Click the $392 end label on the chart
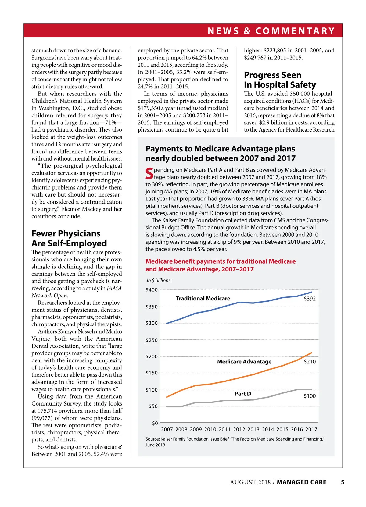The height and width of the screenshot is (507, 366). pyautogui.click(x=310, y=299)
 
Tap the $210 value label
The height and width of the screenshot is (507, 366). pyautogui.click(x=310, y=362)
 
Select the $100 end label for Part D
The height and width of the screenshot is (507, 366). pyautogui.click(x=310, y=396)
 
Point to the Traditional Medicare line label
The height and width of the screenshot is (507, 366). pyautogui.click(x=203, y=299)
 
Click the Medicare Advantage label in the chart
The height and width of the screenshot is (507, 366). pyautogui.click(x=244, y=362)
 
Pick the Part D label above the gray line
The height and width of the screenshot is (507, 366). pyautogui.click(x=243, y=394)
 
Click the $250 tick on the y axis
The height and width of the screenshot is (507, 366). pyautogui.click(x=152, y=340)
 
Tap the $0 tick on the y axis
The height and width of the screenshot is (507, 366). pyautogui.click(x=155, y=423)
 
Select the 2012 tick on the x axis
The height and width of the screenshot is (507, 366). pyautogui.click(x=239, y=429)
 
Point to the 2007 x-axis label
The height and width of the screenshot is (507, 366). pyautogui.click(x=167, y=429)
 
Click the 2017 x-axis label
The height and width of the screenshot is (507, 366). pyautogui.click(x=311, y=429)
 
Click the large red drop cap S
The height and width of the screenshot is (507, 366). pyautogui.click(x=149, y=173)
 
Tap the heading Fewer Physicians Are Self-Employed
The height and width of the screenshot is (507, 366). pyautogui.click(x=69, y=238)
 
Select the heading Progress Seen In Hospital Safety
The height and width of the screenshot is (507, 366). pyautogui.click(x=280, y=80)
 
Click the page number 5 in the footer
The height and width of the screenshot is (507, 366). pyautogui.click(x=343, y=482)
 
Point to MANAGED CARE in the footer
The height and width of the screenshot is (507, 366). pyautogui.click(x=301, y=482)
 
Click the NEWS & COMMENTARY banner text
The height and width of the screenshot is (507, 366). pyautogui.click(x=271, y=31)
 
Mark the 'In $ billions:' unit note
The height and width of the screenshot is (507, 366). pyautogui.click(x=159, y=280)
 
